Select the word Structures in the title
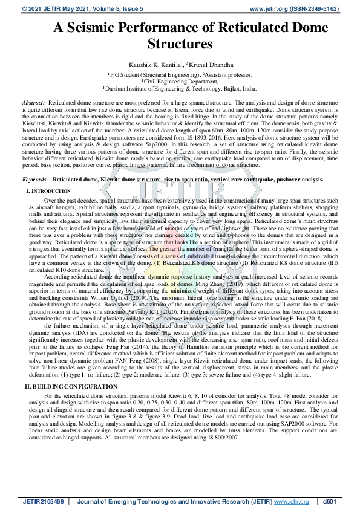point(180,44)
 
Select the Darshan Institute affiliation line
point(180,88)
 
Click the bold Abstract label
point(33,103)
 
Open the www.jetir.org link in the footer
point(291,502)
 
